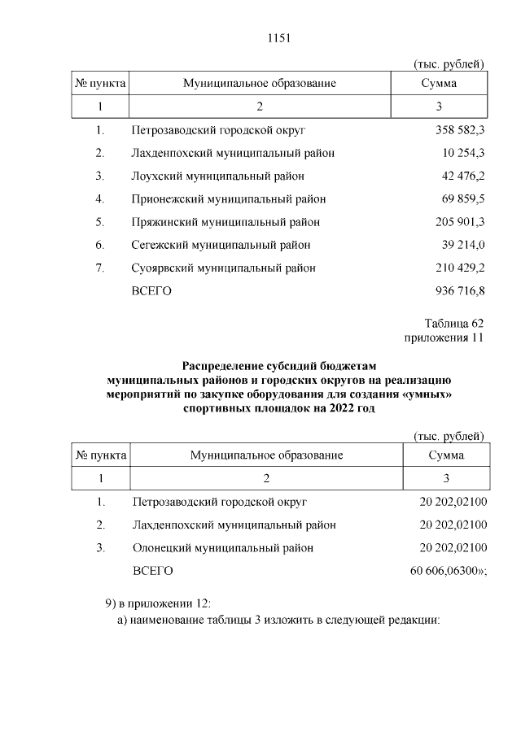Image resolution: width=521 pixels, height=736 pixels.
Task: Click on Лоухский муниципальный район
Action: [x=217, y=176]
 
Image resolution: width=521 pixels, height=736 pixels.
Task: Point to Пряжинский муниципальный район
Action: [x=225, y=222]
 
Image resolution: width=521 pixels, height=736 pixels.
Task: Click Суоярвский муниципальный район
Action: [x=223, y=268]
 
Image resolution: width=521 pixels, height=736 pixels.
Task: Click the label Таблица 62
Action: [x=453, y=323]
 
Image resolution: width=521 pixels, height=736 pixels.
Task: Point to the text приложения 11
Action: [x=444, y=337]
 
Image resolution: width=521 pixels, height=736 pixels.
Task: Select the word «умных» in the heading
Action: [x=424, y=394]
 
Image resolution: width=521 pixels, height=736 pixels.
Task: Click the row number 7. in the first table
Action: [x=100, y=268]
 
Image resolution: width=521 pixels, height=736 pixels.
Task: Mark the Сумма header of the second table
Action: [x=445, y=455]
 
